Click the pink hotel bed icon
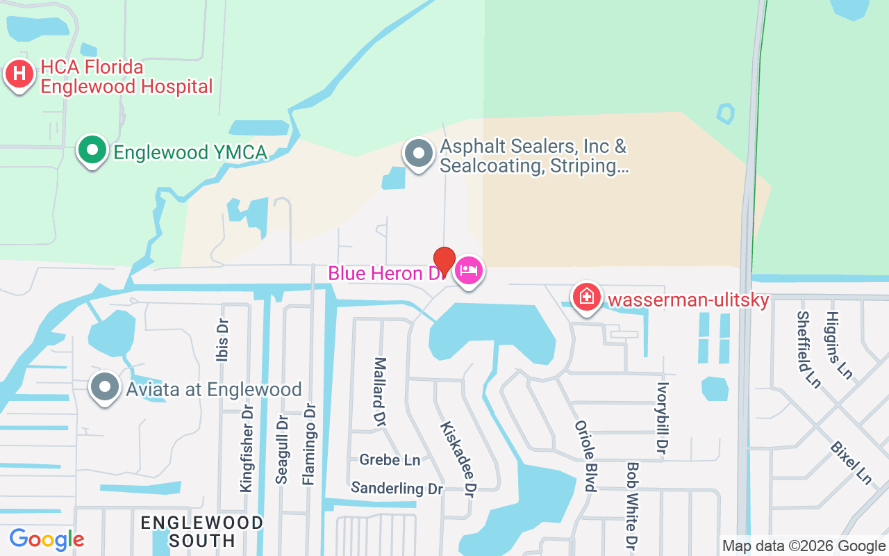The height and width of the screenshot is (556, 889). click(x=469, y=270)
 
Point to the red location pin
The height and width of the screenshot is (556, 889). click(x=444, y=262)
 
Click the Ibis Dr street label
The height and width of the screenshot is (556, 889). click(x=223, y=341)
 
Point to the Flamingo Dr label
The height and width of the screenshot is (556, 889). click(x=309, y=445)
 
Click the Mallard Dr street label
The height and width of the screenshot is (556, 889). click(x=380, y=391)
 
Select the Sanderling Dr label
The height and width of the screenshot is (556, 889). click(x=397, y=488)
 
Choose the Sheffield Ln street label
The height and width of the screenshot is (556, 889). click(x=809, y=349)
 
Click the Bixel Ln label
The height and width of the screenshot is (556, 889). click(x=851, y=461)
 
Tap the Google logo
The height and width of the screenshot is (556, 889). click(x=47, y=539)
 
